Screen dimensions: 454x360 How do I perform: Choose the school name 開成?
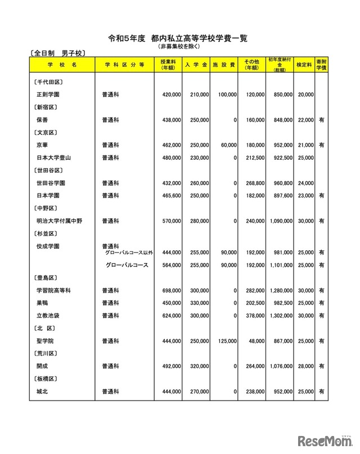(43, 366)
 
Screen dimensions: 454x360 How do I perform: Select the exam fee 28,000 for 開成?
(304, 366)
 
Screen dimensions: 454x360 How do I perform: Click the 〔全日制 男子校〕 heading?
(57, 53)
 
